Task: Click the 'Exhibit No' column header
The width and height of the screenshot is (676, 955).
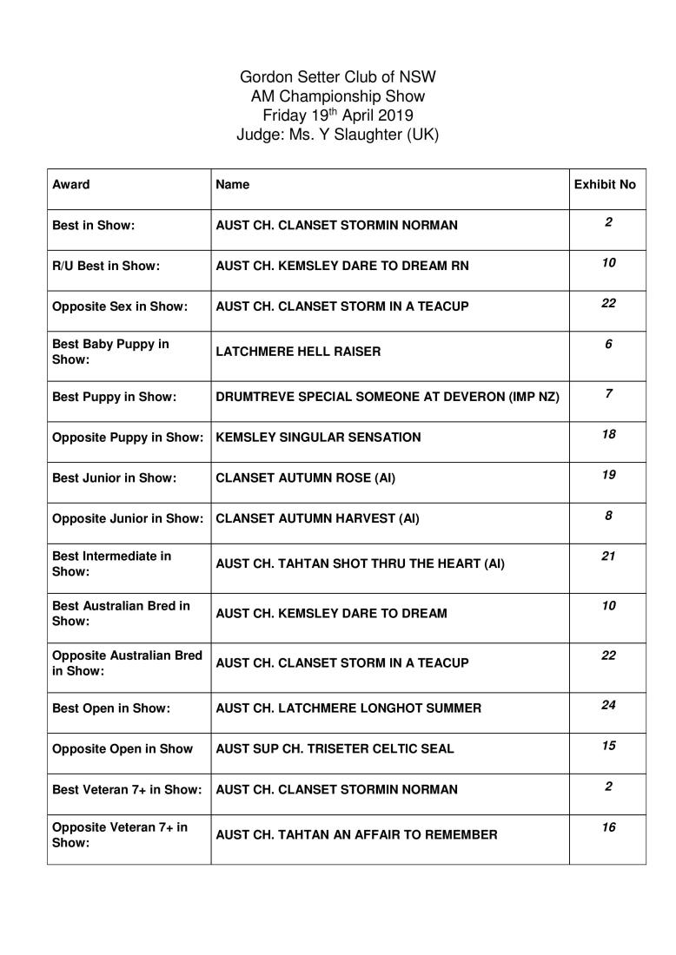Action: coord(605,184)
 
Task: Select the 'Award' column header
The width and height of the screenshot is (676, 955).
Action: coord(70,184)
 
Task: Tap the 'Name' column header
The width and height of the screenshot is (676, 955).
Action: coord(233,184)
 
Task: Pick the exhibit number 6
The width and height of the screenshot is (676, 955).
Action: coord(608,344)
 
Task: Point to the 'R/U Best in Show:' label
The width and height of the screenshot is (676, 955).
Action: coord(106,266)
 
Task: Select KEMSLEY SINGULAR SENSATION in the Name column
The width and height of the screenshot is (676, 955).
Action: coord(318,437)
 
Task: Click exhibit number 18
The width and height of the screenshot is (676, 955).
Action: coord(608,433)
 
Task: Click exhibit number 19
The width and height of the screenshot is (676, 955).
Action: coord(608,474)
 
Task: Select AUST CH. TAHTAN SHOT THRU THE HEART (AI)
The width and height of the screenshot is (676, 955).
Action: coord(360,563)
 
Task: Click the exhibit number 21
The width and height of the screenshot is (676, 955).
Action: coord(608,556)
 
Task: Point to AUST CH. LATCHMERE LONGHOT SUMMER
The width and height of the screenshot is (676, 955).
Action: coord(348,708)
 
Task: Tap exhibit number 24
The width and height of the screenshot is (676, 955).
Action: coord(608,704)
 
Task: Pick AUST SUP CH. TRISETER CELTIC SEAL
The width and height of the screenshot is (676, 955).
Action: coord(335,748)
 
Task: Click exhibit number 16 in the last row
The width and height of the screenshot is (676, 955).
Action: coord(608,827)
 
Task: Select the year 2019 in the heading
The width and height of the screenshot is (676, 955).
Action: coord(390,115)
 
